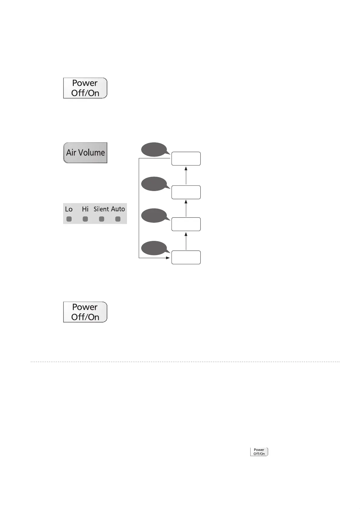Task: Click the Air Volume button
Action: click(x=85, y=153)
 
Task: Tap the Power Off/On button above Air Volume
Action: click(x=85, y=88)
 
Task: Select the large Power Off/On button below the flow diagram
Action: click(x=85, y=312)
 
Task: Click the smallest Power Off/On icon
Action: click(x=259, y=452)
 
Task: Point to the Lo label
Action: click(x=69, y=209)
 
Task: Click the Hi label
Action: click(x=85, y=209)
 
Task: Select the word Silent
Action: click(x=101, y=209)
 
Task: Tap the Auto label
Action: click(x=118, y=209)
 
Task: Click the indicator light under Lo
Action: click(x=69, y=219)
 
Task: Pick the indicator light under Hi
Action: click(x=85, y=219)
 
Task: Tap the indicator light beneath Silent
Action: click(x=102, y=219)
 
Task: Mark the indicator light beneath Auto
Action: click(x=118, y=219)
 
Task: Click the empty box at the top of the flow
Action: click(x=186, y=159)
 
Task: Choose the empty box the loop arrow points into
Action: click(x=186, y=258)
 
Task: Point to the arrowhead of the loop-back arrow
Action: click(x=168, y=258)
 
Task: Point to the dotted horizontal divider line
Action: click(x=185, y=361)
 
